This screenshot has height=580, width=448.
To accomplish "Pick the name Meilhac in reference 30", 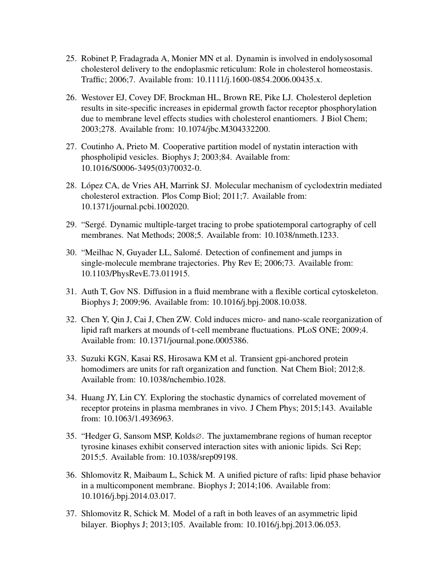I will click(100, 253).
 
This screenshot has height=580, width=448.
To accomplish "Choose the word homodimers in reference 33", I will click(103, 369).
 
